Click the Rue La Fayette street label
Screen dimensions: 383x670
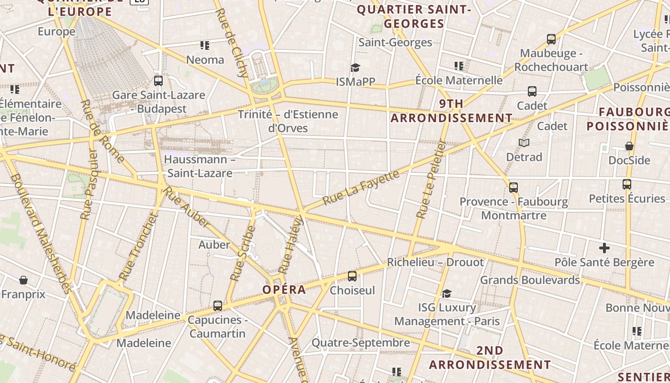(361, 187)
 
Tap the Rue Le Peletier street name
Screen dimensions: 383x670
(431, 180)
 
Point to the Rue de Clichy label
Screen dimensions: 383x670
(232, 43)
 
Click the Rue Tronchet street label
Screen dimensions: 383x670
(138, 247)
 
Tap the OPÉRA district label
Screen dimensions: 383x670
(284, 290)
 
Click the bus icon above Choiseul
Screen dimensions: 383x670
(352, 276)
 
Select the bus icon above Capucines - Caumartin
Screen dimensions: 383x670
(218, 305)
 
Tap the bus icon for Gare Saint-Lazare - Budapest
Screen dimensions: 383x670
(158, 81)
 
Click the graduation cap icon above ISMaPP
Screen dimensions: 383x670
(355, 68)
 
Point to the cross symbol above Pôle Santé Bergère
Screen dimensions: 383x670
(604, 248)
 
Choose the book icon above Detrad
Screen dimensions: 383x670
(524, 143)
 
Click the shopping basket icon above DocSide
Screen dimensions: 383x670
(629, 146)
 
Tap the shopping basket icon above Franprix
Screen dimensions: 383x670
(23, 280)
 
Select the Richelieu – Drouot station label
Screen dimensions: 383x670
(435, 262)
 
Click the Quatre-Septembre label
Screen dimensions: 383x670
(361, 343)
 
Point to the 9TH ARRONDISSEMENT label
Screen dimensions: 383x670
(451, 111)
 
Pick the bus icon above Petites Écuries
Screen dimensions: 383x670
(627, 184)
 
